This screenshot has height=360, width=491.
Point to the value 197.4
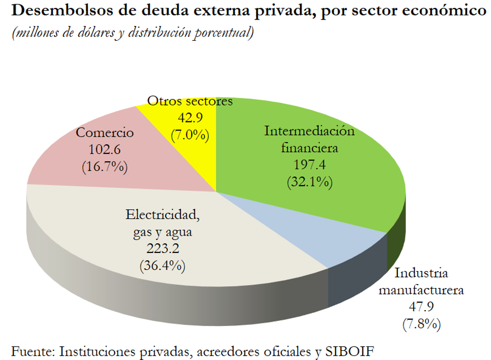310,165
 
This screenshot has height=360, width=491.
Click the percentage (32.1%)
310,182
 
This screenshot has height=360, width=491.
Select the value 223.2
163,249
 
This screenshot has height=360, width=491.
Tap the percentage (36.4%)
163,265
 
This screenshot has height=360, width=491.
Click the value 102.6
105,149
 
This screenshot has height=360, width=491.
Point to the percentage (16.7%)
105,167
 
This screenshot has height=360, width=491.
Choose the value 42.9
190,118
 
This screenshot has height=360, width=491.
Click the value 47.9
421,307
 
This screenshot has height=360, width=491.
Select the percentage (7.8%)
421,324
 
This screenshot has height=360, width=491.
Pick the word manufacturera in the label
421,290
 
